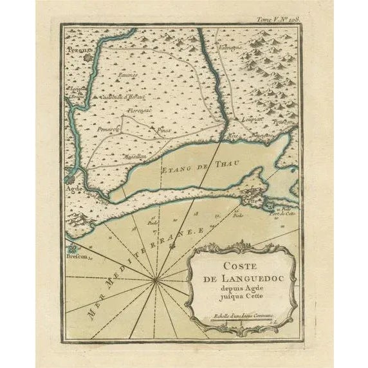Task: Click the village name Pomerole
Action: [110, 129]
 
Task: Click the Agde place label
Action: [74, 190]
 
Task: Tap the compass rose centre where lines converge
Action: [156, 280]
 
